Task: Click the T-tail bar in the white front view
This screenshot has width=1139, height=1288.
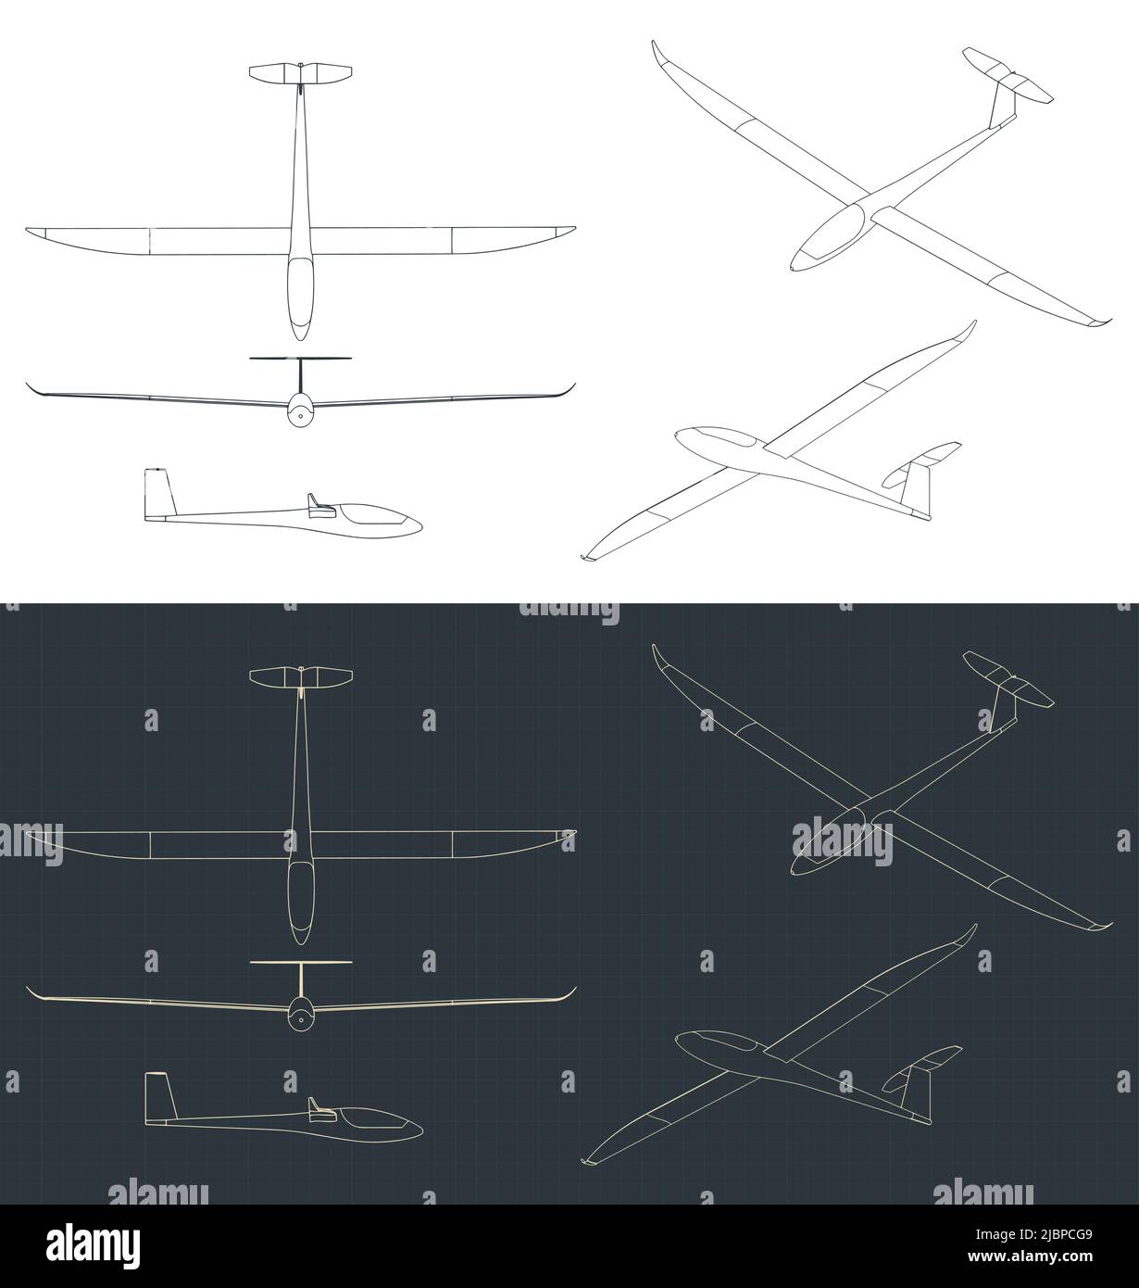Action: pos(301,359)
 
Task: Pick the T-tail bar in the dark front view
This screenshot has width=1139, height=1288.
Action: pos(301,963)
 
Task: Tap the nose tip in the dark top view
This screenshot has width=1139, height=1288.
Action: pos(300,942)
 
